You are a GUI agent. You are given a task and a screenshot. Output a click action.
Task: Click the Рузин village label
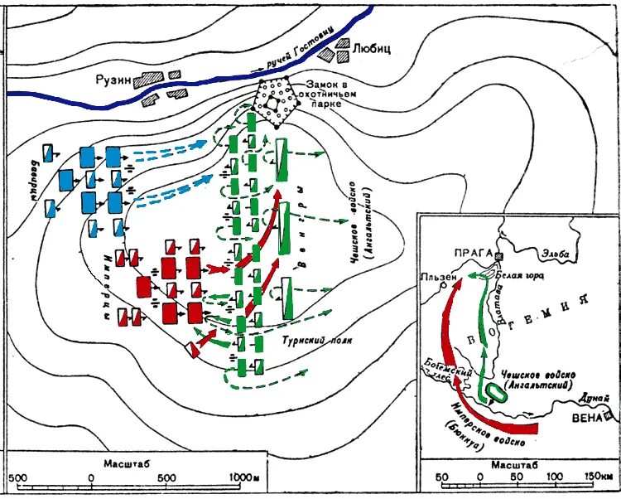pos(116,75)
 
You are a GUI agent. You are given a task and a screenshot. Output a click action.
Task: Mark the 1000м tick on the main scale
pos(246,478)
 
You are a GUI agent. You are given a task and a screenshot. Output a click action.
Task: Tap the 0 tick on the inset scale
pos(480,478)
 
